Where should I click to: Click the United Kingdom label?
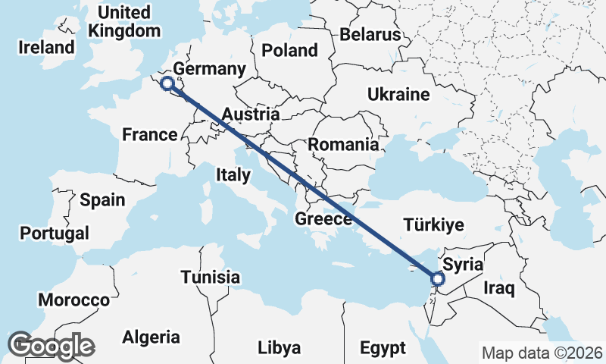(x=125, y=22)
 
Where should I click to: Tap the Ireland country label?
(x=47, y=47)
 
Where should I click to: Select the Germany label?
(x=209, y=70)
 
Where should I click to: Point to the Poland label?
(x=289, y=51)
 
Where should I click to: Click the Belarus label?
(x=370, y=35)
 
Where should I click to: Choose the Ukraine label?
(x=398, y=95)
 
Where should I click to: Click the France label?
(x=149, y=135)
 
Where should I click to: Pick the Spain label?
(x=102, y=200)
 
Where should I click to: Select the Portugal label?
(x=55, y=233)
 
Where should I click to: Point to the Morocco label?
(x=74, y=300)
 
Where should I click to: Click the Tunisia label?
(x=211, y=277)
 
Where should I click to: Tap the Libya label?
(x=280, y=348)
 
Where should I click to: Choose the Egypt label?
(x=383, y=348)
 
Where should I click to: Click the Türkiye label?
(x=433, y=224)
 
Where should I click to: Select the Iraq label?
(x=500, y=288)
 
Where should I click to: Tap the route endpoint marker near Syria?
(x=438, y=281)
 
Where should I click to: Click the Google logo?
(x=52, y=346)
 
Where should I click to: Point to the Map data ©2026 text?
(x=542, y=353)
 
